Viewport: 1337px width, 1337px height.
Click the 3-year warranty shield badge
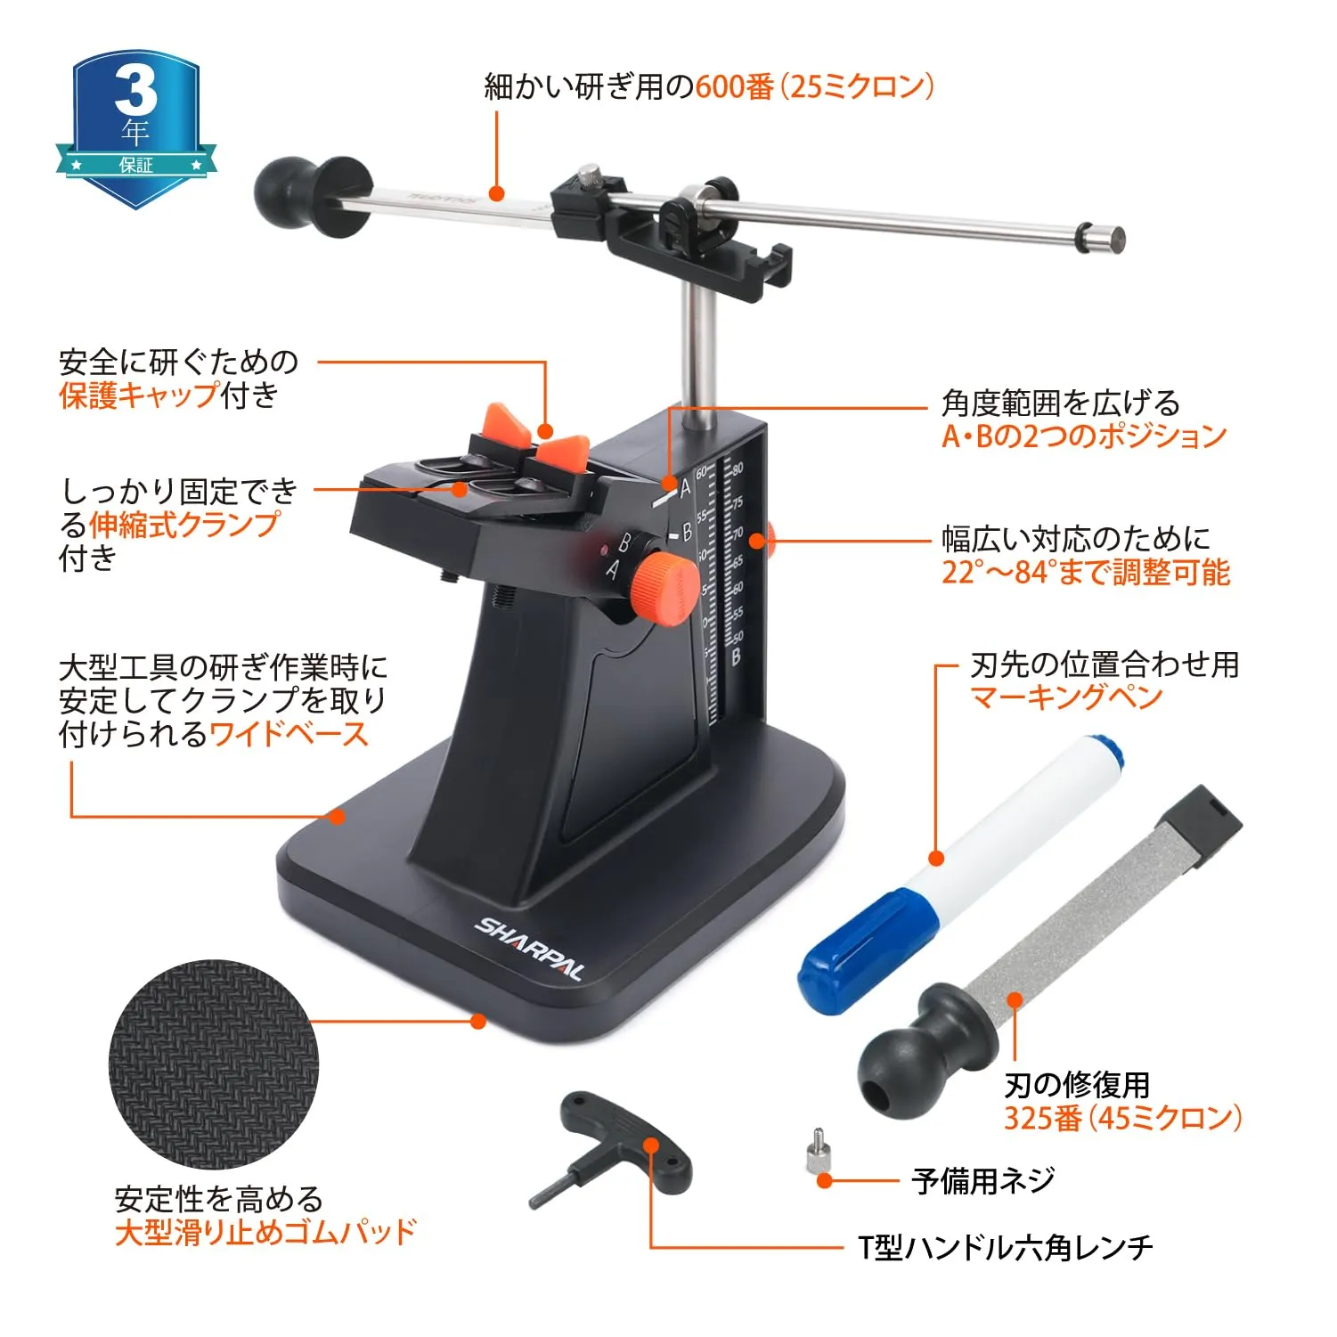(x=135, y=127)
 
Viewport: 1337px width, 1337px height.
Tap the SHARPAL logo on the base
(x=530, y=948)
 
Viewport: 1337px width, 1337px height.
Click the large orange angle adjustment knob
(x=664, y=587)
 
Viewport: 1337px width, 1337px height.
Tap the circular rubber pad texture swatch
(x=214, y=1064)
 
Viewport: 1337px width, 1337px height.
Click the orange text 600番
(x=735, y=86)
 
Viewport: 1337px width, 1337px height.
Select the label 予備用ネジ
(x=983, y=1180)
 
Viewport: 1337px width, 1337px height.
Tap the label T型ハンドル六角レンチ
(x=1006, y=1247)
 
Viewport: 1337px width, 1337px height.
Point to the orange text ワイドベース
(x=289, y=734)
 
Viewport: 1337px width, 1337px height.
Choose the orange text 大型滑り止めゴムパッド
(x=265, y=1232)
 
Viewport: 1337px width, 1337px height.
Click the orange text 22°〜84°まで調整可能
(x=1086, y=572)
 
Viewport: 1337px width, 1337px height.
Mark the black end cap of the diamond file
(x=1205, y=824)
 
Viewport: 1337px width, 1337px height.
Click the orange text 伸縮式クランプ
(x=184, y=524)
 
